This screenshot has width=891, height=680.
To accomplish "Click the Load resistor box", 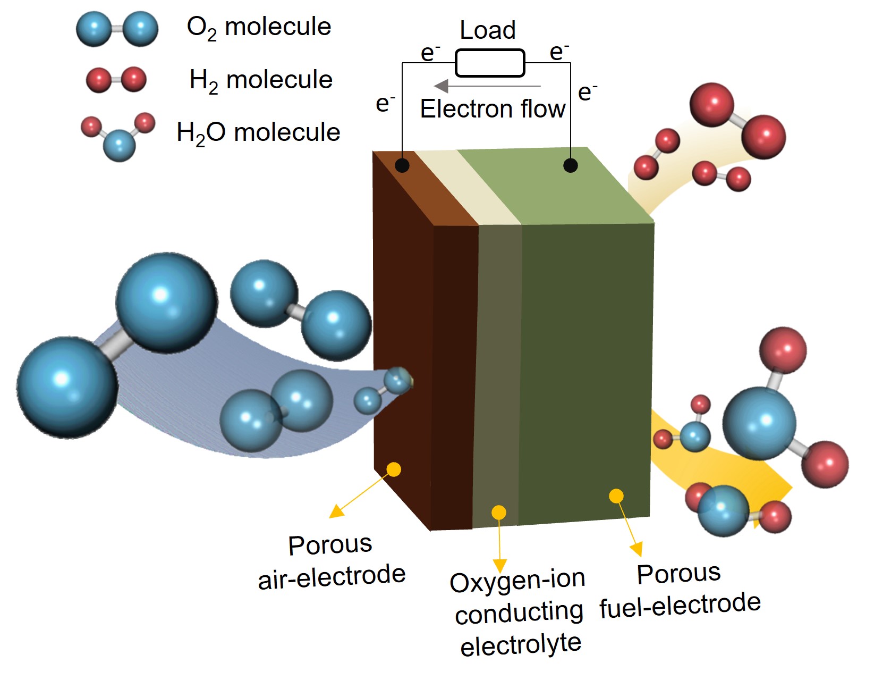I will [490, 63].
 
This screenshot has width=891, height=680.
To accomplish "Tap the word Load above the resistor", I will [487, 30].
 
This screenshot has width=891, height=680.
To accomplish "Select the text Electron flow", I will [493, 110].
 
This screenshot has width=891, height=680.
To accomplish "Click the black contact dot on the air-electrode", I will [402, 165].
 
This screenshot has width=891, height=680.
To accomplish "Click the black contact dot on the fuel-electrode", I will [570, 165].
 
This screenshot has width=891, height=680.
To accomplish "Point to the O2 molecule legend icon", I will [117, 29].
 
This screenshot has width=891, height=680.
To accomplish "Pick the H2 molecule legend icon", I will [116, 80].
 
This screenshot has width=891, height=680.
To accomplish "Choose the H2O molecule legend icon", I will [118, 136].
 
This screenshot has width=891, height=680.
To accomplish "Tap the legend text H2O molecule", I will [258, 133].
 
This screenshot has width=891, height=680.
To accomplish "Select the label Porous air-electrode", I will [331, 561].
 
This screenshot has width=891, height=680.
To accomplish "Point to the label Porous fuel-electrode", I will [680, 590].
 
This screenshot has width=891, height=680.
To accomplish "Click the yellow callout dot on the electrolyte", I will [498, 513].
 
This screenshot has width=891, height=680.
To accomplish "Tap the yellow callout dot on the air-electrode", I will [394, 469].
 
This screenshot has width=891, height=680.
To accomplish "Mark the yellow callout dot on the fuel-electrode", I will [616, 496].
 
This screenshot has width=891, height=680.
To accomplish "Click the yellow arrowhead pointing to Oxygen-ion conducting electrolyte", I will [499, 565].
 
